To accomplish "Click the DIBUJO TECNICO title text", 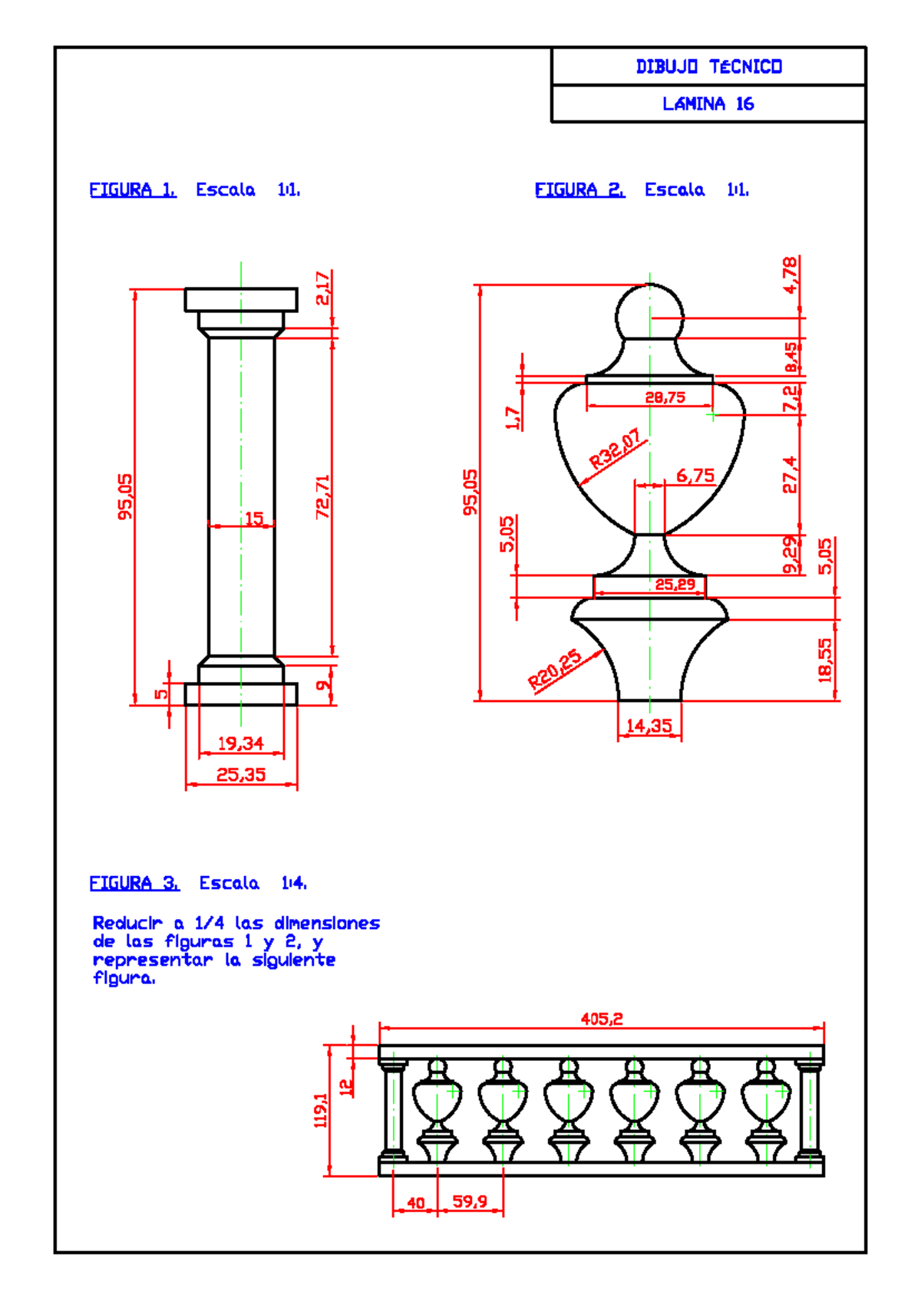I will (x=708, y=67).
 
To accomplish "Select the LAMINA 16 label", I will (x=708, y=104).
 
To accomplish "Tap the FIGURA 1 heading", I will (x=133, y=189).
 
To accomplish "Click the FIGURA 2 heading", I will (x=579, y=189).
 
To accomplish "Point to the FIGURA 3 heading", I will (x=134, y=883).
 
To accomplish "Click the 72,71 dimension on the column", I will (x=323, y=496).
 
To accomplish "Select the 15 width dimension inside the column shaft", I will (x=254, y=519).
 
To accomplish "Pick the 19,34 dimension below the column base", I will (x=240, y=743).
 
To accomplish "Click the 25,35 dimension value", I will (x=240, y=775).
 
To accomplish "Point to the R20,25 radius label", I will (x=554, y=670).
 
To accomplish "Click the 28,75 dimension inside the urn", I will (x=665, y=397).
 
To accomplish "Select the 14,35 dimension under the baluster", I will (x=649, y=726).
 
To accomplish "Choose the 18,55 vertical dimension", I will (x=825, y=660).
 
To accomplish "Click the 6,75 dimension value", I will (x=695, y=476).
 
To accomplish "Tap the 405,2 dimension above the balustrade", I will (x=602, y=1019).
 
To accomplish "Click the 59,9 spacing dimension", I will (x=470, y=1201).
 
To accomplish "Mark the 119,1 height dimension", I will (x=321, y=1110).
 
